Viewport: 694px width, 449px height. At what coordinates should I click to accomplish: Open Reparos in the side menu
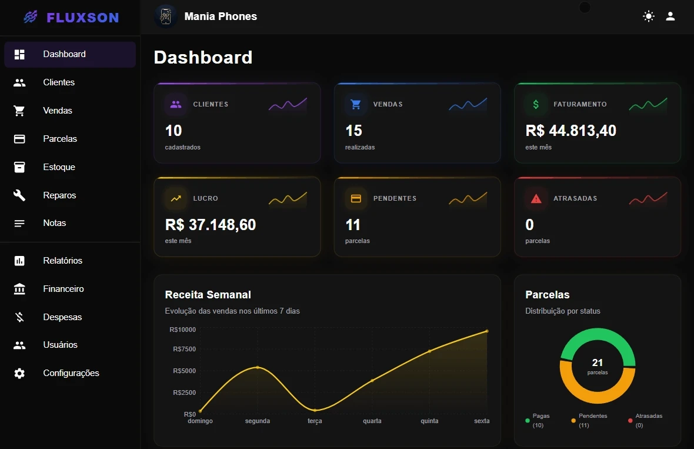59,195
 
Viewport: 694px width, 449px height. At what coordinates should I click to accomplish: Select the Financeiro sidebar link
63,289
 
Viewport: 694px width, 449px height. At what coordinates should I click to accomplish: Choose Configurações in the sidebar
71,373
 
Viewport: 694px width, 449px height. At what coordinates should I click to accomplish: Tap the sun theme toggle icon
648,16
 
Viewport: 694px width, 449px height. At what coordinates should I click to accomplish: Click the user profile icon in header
670,16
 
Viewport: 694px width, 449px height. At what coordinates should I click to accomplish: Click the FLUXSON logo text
82,18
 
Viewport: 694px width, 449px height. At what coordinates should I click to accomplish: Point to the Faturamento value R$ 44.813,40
570,131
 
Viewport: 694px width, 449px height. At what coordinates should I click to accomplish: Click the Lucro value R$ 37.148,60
211,225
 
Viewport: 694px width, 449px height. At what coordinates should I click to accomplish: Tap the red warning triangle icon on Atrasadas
536,199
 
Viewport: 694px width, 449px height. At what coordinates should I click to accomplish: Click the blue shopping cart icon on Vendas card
356,105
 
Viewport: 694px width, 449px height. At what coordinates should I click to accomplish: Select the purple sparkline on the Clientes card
288,104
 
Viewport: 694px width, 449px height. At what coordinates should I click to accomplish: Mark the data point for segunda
258,368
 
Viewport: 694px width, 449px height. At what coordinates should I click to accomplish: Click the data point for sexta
486,331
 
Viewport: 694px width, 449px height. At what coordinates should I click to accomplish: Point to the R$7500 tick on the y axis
184,350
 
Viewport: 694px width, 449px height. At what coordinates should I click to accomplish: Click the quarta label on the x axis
372,421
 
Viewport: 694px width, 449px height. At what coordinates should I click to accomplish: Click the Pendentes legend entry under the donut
592,420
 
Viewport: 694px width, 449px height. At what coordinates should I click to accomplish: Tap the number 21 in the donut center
598,362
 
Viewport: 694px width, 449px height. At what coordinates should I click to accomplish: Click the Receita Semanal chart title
208,295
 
